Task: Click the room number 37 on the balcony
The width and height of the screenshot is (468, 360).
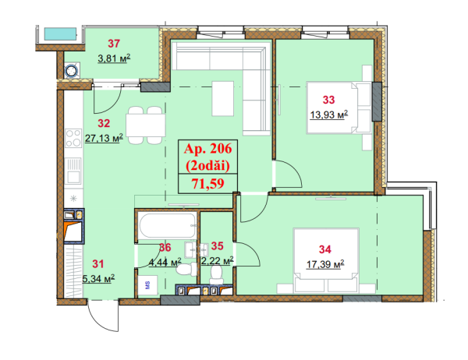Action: [x=114, y=44]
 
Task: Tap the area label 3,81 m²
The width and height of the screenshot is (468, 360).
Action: [x=114, y=58]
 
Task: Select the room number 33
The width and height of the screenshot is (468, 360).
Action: [x=328, y=100]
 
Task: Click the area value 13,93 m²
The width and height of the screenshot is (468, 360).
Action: [x=328, y=115]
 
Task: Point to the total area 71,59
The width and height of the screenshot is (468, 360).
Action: [x=207, y=183]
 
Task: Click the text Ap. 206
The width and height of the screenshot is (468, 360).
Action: [x=207, y=148]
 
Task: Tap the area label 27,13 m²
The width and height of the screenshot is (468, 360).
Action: [x=104, y=138]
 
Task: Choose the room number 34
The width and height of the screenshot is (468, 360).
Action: [x=324, y=249]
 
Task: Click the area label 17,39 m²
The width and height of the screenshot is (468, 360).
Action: [x=325, y=264]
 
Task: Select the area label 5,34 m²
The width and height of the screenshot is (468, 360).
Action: [x=98, y=279]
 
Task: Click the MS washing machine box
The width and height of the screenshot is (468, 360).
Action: [x=147, y=285]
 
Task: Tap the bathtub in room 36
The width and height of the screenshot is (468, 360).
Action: [x=167, y=226]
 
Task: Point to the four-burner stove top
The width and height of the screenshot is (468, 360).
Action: [x=73, y=138]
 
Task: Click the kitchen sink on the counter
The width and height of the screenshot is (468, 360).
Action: [x=73, y=171]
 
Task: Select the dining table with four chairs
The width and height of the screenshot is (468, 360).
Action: [x=146, y=125]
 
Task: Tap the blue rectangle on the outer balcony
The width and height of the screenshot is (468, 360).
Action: [x=60, y=34]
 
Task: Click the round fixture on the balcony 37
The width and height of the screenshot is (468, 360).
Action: [x=72, y=71]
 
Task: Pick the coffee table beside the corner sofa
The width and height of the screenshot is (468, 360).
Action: [x=222, y=98]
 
